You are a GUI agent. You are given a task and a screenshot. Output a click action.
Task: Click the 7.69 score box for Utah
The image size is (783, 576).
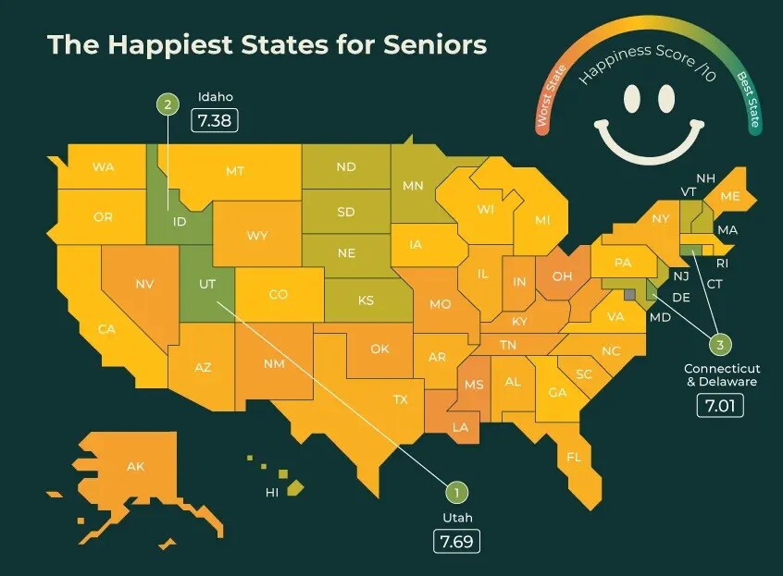[x=457, y=542]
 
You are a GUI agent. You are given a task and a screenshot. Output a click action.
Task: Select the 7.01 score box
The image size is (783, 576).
[x=720, y=404]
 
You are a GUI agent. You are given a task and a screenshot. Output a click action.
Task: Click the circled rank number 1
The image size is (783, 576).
[x=455, y=493]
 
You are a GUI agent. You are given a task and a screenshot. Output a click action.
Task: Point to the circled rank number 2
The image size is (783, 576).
[x=168, y=105]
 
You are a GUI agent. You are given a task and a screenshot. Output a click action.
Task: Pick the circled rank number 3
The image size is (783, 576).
[x=720, y=345]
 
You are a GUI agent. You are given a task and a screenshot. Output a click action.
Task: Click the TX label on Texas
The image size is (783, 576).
[x=400, y=399]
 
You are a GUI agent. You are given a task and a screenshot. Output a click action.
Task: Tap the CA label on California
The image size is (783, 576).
[x=106, y=328]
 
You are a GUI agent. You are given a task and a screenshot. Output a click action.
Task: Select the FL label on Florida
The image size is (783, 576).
[x=574, y=457]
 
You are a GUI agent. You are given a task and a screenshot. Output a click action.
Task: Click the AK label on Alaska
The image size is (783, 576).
[x=135, y=466]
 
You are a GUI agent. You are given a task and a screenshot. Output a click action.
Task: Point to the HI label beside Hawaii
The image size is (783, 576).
[x=272, y=493]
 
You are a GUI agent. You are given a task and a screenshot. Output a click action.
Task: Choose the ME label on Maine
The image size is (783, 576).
[x=729, y=196]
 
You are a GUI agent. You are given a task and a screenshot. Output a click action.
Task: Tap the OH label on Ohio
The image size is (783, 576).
[x=562, y=276]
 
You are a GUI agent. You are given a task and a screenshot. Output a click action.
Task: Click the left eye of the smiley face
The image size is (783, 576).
[x=632, y=96]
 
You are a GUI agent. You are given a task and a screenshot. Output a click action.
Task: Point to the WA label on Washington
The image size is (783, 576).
[x=103, y=167]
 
